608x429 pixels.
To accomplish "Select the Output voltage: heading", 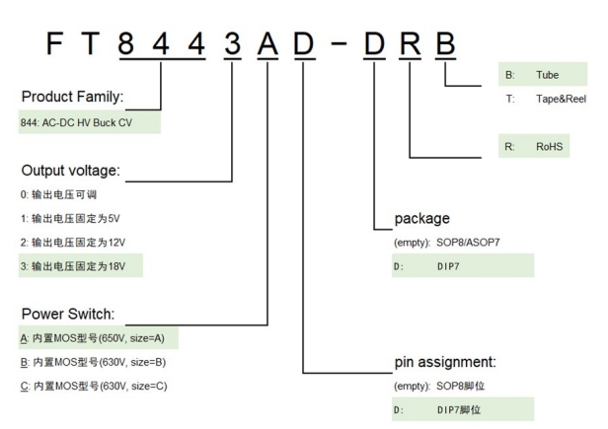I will (69, 171).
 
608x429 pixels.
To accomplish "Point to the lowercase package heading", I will (421, 218).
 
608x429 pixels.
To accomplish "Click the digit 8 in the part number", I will (125, 44).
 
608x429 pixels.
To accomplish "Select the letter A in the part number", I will (267, 44).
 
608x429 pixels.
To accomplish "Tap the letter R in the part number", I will (409, 44).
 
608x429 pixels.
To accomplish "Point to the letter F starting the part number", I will (54, 44).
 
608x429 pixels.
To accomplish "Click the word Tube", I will (547, 74).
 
